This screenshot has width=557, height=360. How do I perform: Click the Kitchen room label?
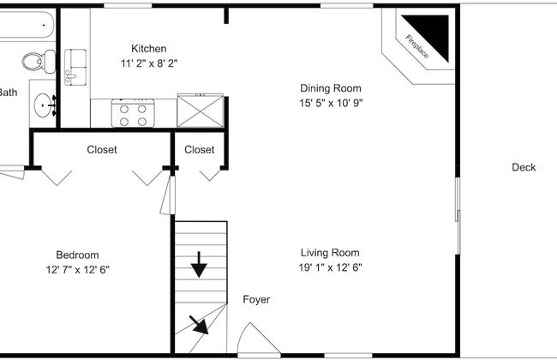[x=148, y=49]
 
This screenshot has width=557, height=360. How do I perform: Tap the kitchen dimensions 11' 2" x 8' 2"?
[x=148, y=63]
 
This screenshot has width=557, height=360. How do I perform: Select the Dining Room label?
[x=330, y=87]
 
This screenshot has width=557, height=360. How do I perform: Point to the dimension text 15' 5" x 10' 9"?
[x=330, y=103]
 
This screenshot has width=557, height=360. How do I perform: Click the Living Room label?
[x=330, y=253]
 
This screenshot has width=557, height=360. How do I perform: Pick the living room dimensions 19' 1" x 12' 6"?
[x=330, y=267]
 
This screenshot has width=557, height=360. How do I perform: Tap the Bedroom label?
[x=77, y=255]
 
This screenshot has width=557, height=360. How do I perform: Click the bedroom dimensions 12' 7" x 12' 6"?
[x=77, y=269]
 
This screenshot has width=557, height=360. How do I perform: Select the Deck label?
[x=524, y=167]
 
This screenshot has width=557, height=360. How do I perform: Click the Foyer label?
[x=256, y=300]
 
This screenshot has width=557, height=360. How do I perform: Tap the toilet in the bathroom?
[x=33, y=62]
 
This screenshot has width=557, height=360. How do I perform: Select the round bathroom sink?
[x=43, y=104]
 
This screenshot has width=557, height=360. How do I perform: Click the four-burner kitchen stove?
[x=133, y=114]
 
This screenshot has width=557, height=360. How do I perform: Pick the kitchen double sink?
[x=76, y=65]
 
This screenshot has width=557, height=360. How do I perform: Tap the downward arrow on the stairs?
[x=199, y=265]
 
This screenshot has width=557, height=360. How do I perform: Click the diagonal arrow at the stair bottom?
[x=199, y=326]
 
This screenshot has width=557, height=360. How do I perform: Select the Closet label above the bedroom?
[x=102, y=150]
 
